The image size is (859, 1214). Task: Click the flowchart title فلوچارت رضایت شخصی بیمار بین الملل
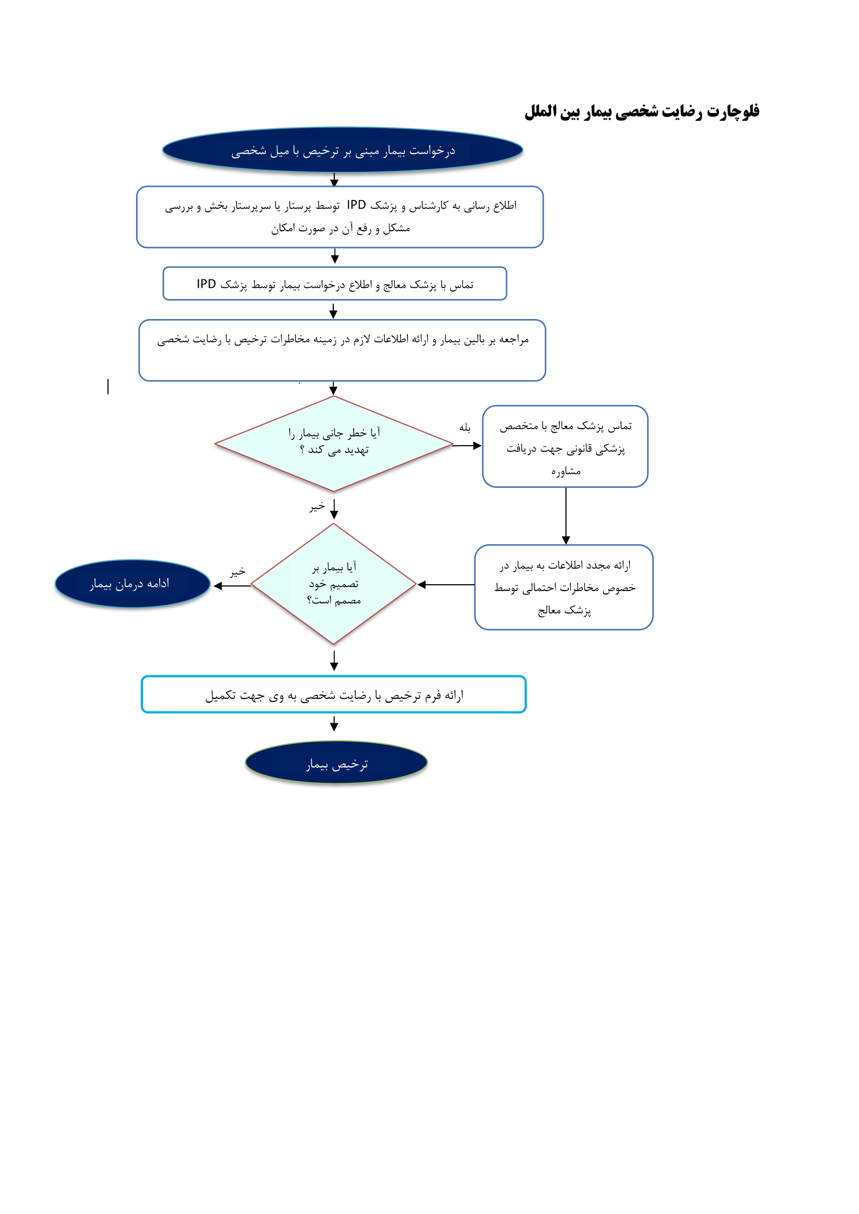[x=642, y=112]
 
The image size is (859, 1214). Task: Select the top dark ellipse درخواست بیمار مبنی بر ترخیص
[x=342, y=150]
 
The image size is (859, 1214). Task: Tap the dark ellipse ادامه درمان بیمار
[x=132, y=584]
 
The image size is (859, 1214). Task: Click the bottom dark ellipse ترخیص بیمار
[x=336, y=762]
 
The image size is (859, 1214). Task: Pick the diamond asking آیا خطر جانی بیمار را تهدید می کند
[x=334, y=444]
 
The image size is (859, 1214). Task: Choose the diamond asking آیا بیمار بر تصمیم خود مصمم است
[x=334, y=584]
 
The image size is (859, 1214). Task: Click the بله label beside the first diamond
[x=465, y=427]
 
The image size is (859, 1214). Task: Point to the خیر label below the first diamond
[x=317, y=506]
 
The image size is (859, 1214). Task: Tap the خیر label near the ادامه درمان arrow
[x=237, y=572]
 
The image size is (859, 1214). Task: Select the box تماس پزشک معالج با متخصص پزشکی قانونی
[x=565, y=446]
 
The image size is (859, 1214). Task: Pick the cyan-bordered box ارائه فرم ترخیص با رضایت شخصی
[x=333, y=694]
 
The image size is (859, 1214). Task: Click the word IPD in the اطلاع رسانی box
[x=356, y=205]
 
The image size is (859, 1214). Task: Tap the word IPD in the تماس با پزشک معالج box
[x=206, y=284]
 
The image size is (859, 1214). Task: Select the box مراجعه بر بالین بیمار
[x=342, y=350]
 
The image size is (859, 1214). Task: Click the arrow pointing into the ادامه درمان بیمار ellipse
[x=232, y=585]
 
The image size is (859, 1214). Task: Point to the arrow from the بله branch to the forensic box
[x=467, y=446]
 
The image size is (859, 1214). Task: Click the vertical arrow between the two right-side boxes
[x=566, y=516]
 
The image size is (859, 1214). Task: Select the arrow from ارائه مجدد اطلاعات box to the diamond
[x=446, y=585]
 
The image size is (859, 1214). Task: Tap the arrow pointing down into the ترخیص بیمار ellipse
[x=334, y=723]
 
